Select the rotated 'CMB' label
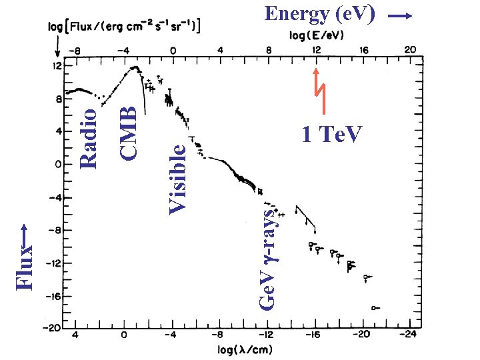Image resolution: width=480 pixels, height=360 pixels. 129,128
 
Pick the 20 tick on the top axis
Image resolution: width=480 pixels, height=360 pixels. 410,50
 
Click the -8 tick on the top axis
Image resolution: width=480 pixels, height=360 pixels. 76,50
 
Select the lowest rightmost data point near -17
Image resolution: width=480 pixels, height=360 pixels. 375,307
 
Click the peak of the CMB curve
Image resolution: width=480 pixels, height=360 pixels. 135,67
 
